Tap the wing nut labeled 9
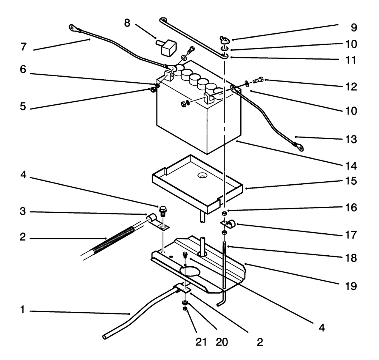224,39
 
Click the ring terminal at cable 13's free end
299,146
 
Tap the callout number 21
201,342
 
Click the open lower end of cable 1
105,336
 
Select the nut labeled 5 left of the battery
151,90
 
